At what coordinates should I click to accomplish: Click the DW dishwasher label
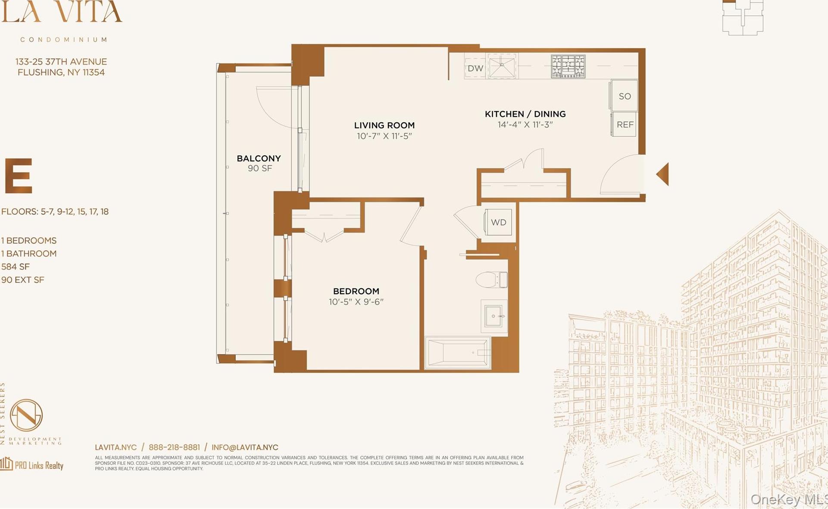[475, 68]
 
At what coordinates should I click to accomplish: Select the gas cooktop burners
[568, 66]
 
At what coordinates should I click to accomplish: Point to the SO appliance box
[624, 96]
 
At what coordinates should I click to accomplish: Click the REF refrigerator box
[625, 125]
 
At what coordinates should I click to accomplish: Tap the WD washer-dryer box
[498, 222]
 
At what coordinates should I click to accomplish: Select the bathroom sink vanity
[494, 316]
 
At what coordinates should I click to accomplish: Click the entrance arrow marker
[663, 174]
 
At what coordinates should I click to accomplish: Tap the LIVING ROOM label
[384, 126]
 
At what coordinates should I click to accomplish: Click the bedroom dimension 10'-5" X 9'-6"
[356, 302]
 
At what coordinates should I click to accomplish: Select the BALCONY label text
[259, 158]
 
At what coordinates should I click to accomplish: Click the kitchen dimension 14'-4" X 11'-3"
[525, 125]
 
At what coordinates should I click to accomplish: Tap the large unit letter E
[19, 176]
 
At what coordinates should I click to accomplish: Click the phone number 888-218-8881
[174, 447]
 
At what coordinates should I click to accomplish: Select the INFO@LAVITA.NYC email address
[245, 447]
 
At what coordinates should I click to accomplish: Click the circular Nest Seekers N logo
[26, 415]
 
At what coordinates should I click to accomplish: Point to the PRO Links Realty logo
[32, 465]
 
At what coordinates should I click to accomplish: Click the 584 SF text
[16, 267]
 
